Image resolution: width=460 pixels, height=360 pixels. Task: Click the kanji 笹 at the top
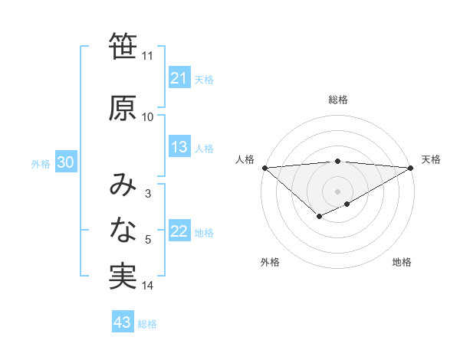(123, 47)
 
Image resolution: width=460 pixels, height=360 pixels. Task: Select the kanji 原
(123, 108)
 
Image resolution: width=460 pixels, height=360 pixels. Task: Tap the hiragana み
(123, 185)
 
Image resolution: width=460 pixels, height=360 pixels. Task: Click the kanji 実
(123, 277)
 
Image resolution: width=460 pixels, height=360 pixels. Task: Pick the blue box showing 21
(179, 78)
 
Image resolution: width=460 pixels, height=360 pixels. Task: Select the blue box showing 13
(179, 147)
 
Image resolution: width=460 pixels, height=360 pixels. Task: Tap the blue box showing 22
(179, 232)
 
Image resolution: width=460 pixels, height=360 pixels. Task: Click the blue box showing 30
(66, 163)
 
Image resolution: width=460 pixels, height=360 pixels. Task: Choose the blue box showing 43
(123, 322)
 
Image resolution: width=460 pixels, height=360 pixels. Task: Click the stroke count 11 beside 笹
(147, 56)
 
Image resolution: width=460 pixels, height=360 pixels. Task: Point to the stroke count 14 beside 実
(148, 286)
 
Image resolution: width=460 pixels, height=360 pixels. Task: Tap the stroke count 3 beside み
(147, 194)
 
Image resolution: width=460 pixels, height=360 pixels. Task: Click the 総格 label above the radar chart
(338, 100)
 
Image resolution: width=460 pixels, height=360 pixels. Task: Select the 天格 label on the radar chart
(431, 159)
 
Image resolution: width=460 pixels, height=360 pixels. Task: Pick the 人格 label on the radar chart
(245, 159)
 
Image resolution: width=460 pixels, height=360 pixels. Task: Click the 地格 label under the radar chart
(402, 262)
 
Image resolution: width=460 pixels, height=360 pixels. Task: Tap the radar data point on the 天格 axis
(412, 168)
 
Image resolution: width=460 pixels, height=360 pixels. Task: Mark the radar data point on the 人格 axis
(264, 168)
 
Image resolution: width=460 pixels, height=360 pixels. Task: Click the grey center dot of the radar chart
(337, 191)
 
